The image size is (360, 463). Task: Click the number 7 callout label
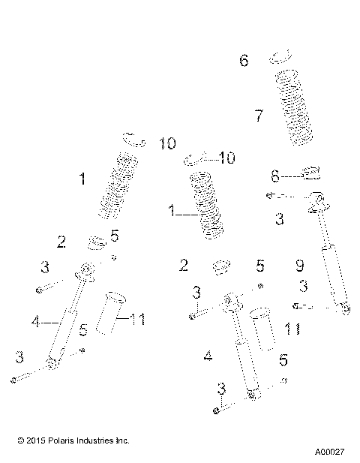click(x=259, y=116)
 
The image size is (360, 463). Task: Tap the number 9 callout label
click(x=299, y=265)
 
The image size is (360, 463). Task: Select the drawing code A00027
click(x=329, y=452)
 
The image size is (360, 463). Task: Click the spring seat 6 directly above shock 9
click(x=310, y=176)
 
